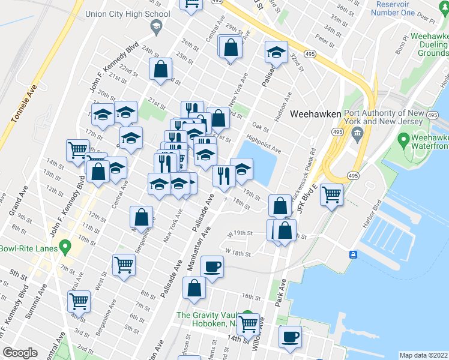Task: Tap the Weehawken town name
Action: point(316,113)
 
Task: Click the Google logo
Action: point(20,353)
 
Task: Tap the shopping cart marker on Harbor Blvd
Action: point(331,194)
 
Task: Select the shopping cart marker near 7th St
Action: point(124,264)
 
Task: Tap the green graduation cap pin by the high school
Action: point(156,26)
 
